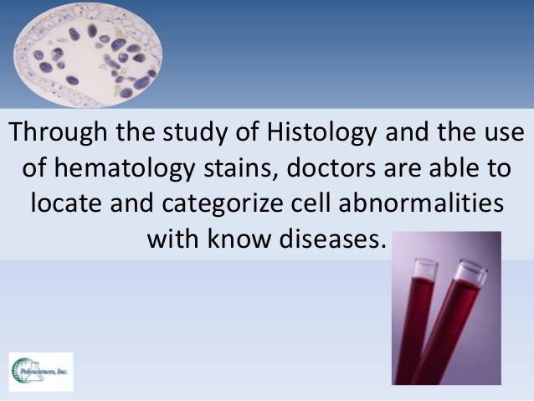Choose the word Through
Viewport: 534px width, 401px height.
click(x=52, y=132)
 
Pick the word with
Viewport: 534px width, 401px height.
click(x=173, y=239)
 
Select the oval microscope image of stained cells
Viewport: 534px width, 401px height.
click(x=89, y=55)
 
